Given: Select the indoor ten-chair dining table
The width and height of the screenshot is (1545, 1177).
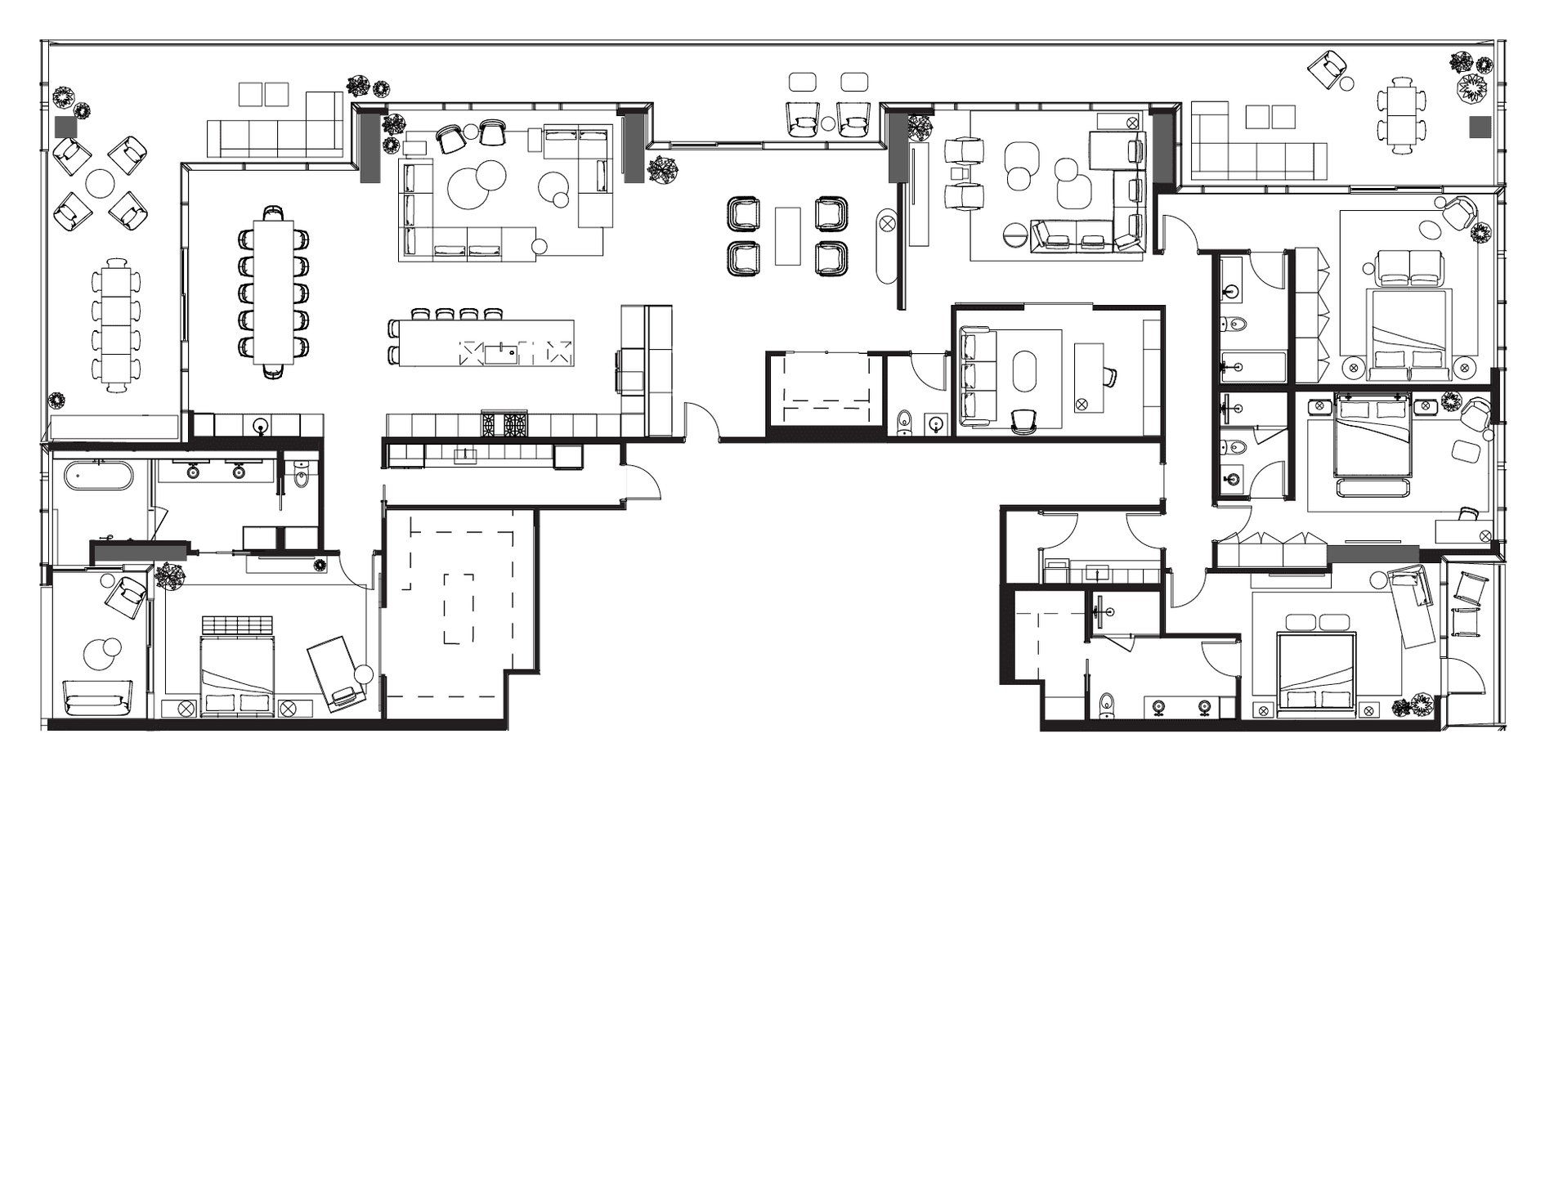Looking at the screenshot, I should coord(272,290).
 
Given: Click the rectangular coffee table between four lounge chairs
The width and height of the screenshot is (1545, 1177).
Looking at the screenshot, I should coord(787,235).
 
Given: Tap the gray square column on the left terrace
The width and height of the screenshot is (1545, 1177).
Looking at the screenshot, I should coord(65,128).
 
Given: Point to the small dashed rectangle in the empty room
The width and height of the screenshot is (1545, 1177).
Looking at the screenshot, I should coord(459,608).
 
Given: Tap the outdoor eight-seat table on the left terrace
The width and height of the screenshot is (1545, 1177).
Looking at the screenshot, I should coord(115,316).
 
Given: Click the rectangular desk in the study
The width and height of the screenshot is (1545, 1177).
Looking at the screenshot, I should coord(1088,377).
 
